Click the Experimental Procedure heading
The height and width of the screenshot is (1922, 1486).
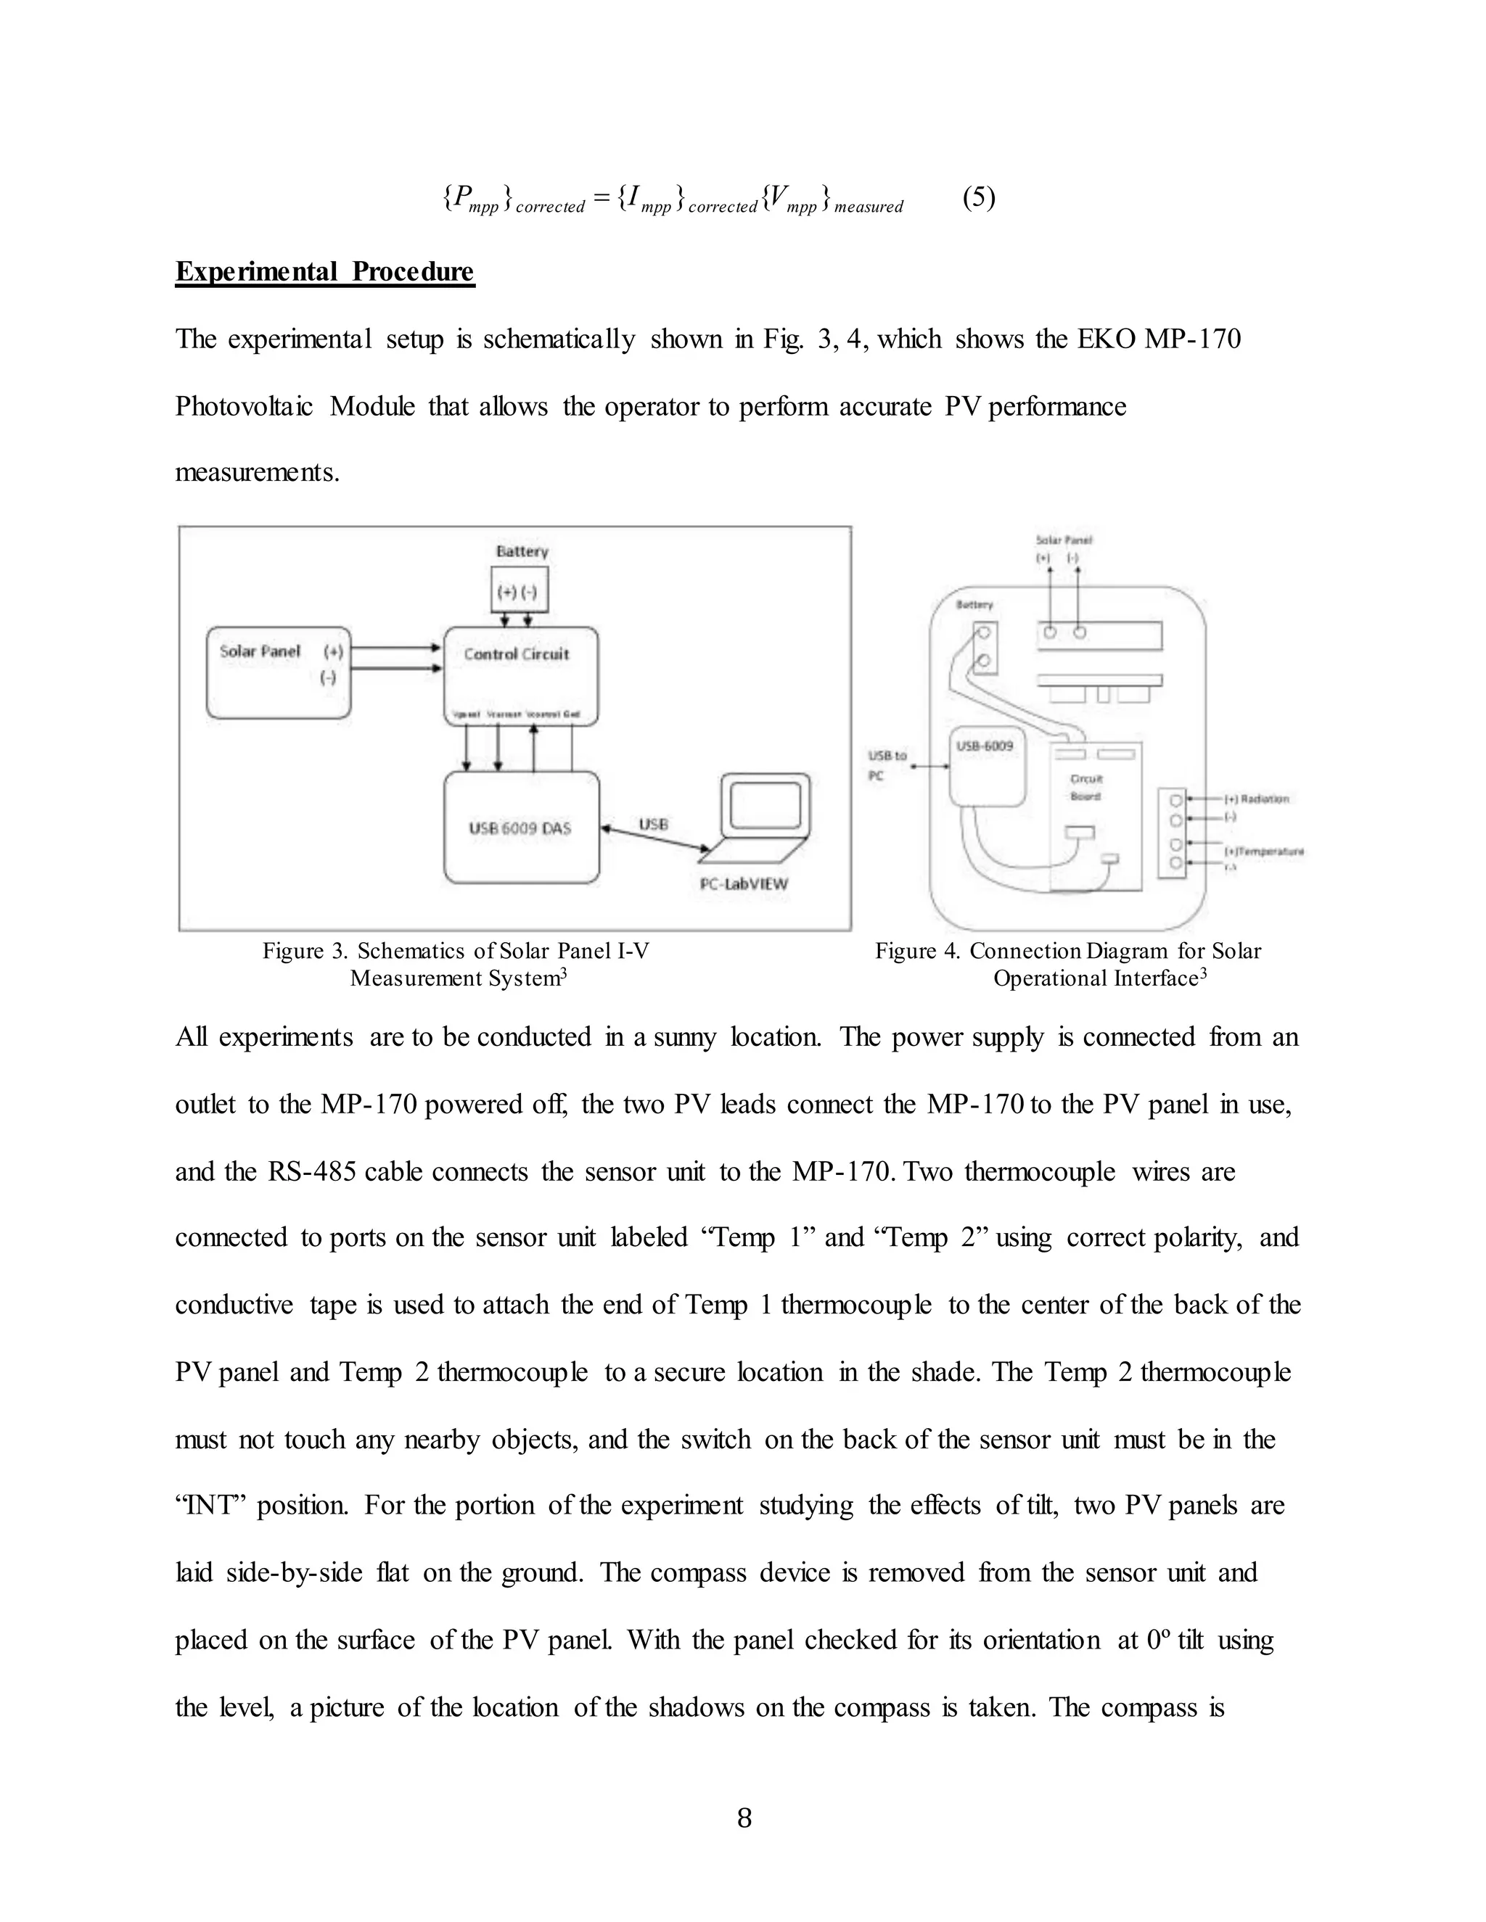click(x=325, y=271)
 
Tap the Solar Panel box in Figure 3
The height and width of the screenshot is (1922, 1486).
click(x=278, y=672)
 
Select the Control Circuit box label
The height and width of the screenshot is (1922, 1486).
click(x=517, y=654)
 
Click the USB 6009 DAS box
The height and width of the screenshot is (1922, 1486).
click(x=520, y=828)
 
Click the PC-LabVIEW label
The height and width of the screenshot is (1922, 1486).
click(x=744, y=883)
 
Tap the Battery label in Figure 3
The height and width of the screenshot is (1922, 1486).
click(x=522, y=551)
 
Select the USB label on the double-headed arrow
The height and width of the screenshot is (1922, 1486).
click(x=653, y=824)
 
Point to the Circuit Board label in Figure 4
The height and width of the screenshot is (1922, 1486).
click(x=1085, y=787)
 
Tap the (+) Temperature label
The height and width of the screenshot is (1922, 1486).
click(x=1263, y=851)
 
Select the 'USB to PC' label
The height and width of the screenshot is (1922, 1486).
click(x=887, y=764)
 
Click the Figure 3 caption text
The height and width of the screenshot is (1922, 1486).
click(x=456, y=964)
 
